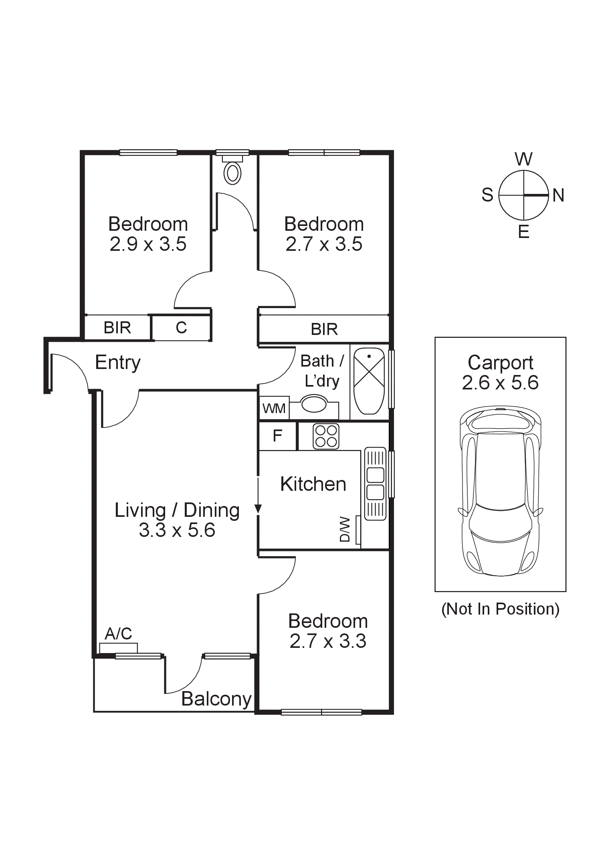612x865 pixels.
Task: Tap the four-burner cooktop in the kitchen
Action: (x=326, y=436)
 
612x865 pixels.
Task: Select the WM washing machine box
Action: (x=274, y=408)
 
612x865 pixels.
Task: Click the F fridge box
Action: (x=277, y=436)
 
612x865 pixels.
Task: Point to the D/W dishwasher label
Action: (x=345, y=529)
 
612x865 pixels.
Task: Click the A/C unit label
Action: (x=118, y=634)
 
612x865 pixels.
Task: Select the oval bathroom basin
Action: (x=314, y=403)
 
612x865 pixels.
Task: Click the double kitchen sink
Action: (x=375, y=484)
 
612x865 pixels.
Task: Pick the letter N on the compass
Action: (x=558, y=196)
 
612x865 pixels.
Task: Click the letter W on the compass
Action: (x=523, y=159)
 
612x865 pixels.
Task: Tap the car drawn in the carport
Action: (x=501, y=491)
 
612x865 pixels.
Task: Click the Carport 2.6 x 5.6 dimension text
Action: (x=500, y=383)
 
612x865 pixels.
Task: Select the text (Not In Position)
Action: (x=500, y=609)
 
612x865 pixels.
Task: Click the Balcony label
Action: (x=216, y=699)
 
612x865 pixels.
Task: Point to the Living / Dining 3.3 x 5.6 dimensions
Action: (x=177, y=530)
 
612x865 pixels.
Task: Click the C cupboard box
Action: (x=181, y=328)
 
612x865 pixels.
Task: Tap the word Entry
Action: (x=118, y=363)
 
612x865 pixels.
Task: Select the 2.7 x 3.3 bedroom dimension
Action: (x=328, y=641)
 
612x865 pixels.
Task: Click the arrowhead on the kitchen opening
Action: (x=258, y=509)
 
